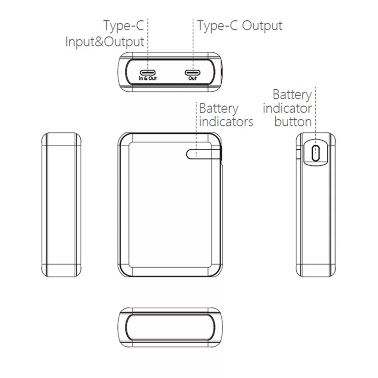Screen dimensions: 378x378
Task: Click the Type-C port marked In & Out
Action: (148, 72)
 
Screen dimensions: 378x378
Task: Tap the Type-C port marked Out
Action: (192, 72)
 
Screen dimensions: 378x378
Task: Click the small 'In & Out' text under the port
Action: (148, 78)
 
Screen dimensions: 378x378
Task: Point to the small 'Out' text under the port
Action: (192, 78)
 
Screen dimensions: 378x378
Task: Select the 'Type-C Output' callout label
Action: (240, 26)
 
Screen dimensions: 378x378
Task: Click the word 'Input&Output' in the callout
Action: (104, 41)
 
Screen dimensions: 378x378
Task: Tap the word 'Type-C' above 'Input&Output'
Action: (123, 26)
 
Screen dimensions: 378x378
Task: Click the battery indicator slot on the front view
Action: (198, 154)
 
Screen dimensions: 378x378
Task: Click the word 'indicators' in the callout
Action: (226, 122)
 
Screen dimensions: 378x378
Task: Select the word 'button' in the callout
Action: (293, 122)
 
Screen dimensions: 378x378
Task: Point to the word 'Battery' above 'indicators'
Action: (219, 109)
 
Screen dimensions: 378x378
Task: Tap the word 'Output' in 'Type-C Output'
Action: (262, 26)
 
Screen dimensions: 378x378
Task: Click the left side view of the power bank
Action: (61, 205)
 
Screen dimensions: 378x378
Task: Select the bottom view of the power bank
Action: (171, 327)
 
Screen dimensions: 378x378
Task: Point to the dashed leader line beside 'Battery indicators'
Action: (196, 126)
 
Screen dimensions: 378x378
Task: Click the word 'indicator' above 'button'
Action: (287, 109)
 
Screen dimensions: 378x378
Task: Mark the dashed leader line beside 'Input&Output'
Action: (148, 44)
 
